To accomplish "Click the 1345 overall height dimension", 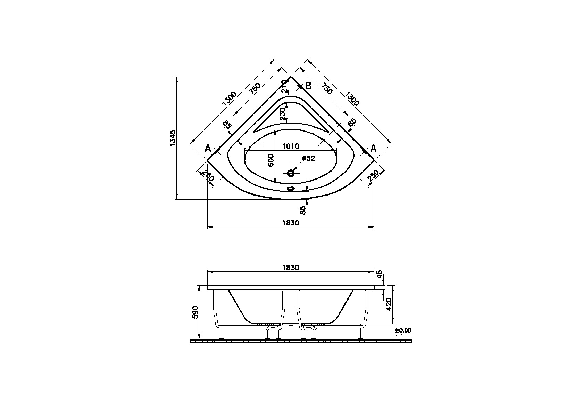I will click(173, 138).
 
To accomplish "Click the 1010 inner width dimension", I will click(290, 146).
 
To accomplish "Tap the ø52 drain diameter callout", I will click(308, 159).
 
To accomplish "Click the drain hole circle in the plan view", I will click(291, 173).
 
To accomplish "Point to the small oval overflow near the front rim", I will click(291, 189).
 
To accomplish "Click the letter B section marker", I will click(308, 86).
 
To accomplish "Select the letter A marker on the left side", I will click(208, 149).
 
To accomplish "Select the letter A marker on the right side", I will click(373, 149).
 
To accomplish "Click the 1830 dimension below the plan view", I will click(290, 223).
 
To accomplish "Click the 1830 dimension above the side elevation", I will click(290, 268).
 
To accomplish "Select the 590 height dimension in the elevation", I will click(195, 312).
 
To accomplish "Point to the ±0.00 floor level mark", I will click(403, 330).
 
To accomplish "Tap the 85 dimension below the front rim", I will click(303, 210).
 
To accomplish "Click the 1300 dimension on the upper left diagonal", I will click(229, 99).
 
